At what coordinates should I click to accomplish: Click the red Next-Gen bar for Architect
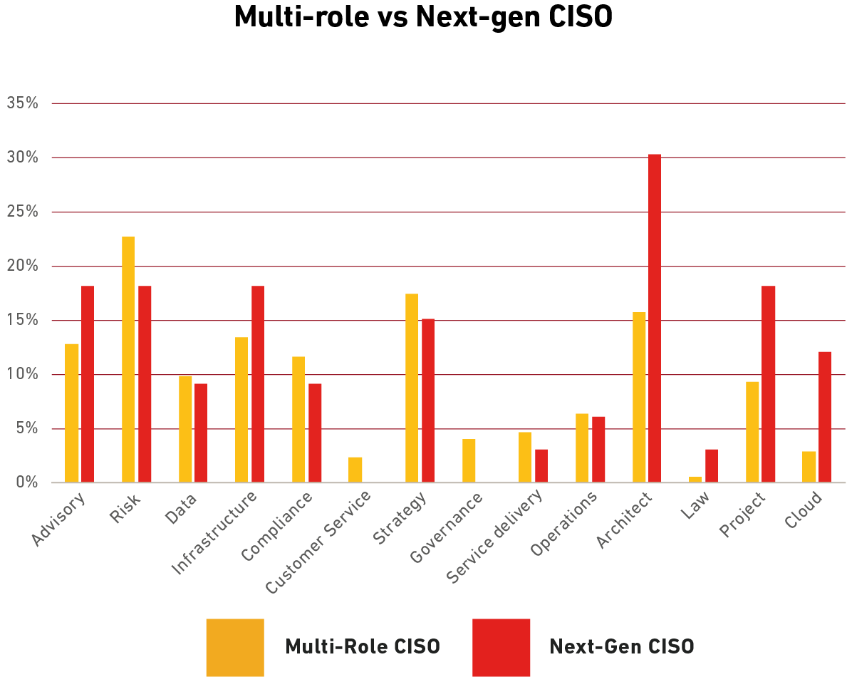click(654, 318)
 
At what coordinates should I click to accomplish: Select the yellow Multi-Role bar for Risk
click(128, 359)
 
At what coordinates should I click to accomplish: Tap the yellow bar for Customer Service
click(355, 470)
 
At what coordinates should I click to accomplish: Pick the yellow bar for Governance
click(469, 461)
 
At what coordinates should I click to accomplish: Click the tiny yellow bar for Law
click(695, 480)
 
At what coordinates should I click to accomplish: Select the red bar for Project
click(768, 384)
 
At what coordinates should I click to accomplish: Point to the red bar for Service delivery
click(541, 466)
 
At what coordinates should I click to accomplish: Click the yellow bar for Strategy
click(412, 388)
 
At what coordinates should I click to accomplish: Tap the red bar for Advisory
click(88, 384)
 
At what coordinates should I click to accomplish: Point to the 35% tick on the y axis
click(22, 103)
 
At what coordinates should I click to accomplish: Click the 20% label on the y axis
click(22, 266)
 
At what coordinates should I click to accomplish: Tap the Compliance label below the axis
click(276, 527)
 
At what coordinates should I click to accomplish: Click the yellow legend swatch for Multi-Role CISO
click(234, 647)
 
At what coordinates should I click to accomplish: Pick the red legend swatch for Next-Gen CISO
click(501, 647)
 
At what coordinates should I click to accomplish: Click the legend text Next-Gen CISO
click(621, 647)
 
